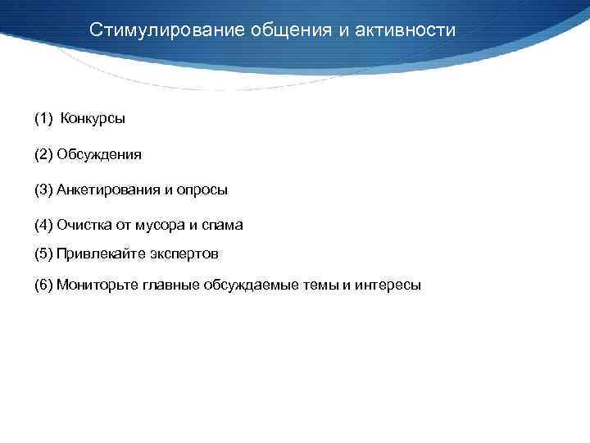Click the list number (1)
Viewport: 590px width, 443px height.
[x=43, y=119]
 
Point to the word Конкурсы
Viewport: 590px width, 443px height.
[x=93, y=119]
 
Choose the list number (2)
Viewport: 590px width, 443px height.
[x=43, y=154]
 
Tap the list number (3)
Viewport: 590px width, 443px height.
[x=43, y=190]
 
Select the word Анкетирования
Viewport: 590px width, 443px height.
[x=108, y=190]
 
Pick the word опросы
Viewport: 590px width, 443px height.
[x=202, y=190]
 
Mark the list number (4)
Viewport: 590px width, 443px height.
[x=43, y=224]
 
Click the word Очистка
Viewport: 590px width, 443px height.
[x=84, y=224]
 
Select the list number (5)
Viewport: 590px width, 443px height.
[x=43, y=253]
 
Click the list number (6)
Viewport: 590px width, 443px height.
[x=43, y=285]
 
